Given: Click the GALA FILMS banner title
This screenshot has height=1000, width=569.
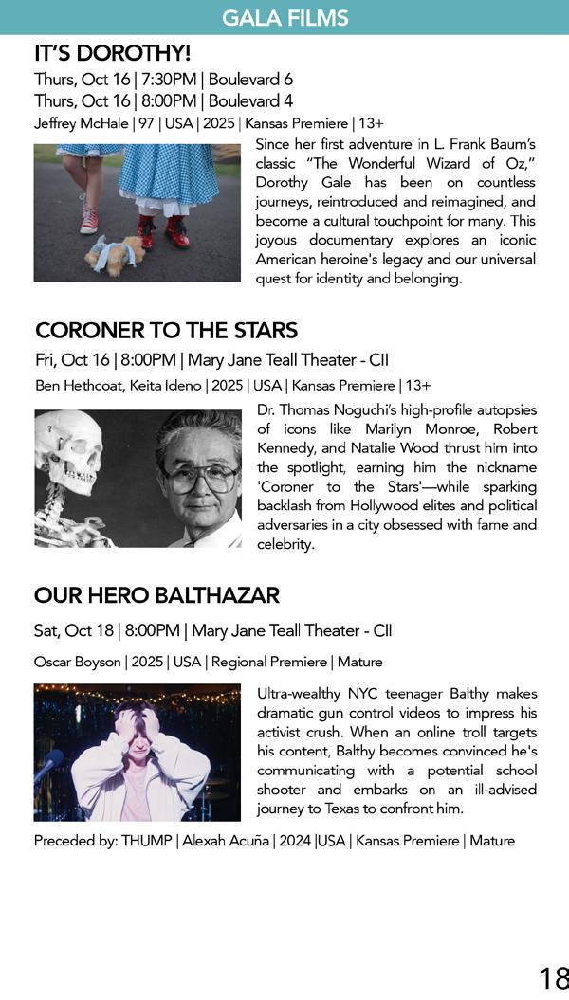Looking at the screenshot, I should coord(284,17).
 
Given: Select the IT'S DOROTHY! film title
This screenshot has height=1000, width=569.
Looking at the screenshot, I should coord(112,53).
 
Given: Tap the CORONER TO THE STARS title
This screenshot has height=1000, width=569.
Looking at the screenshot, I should coord(166,331).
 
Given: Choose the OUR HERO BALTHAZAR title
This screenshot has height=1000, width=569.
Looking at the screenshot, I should coord(156,595).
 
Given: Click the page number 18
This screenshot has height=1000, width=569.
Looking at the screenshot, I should coord(553,978).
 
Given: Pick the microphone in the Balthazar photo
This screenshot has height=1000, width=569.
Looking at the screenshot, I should coord(50,764).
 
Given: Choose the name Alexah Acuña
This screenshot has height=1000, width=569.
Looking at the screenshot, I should coord(226,841).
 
